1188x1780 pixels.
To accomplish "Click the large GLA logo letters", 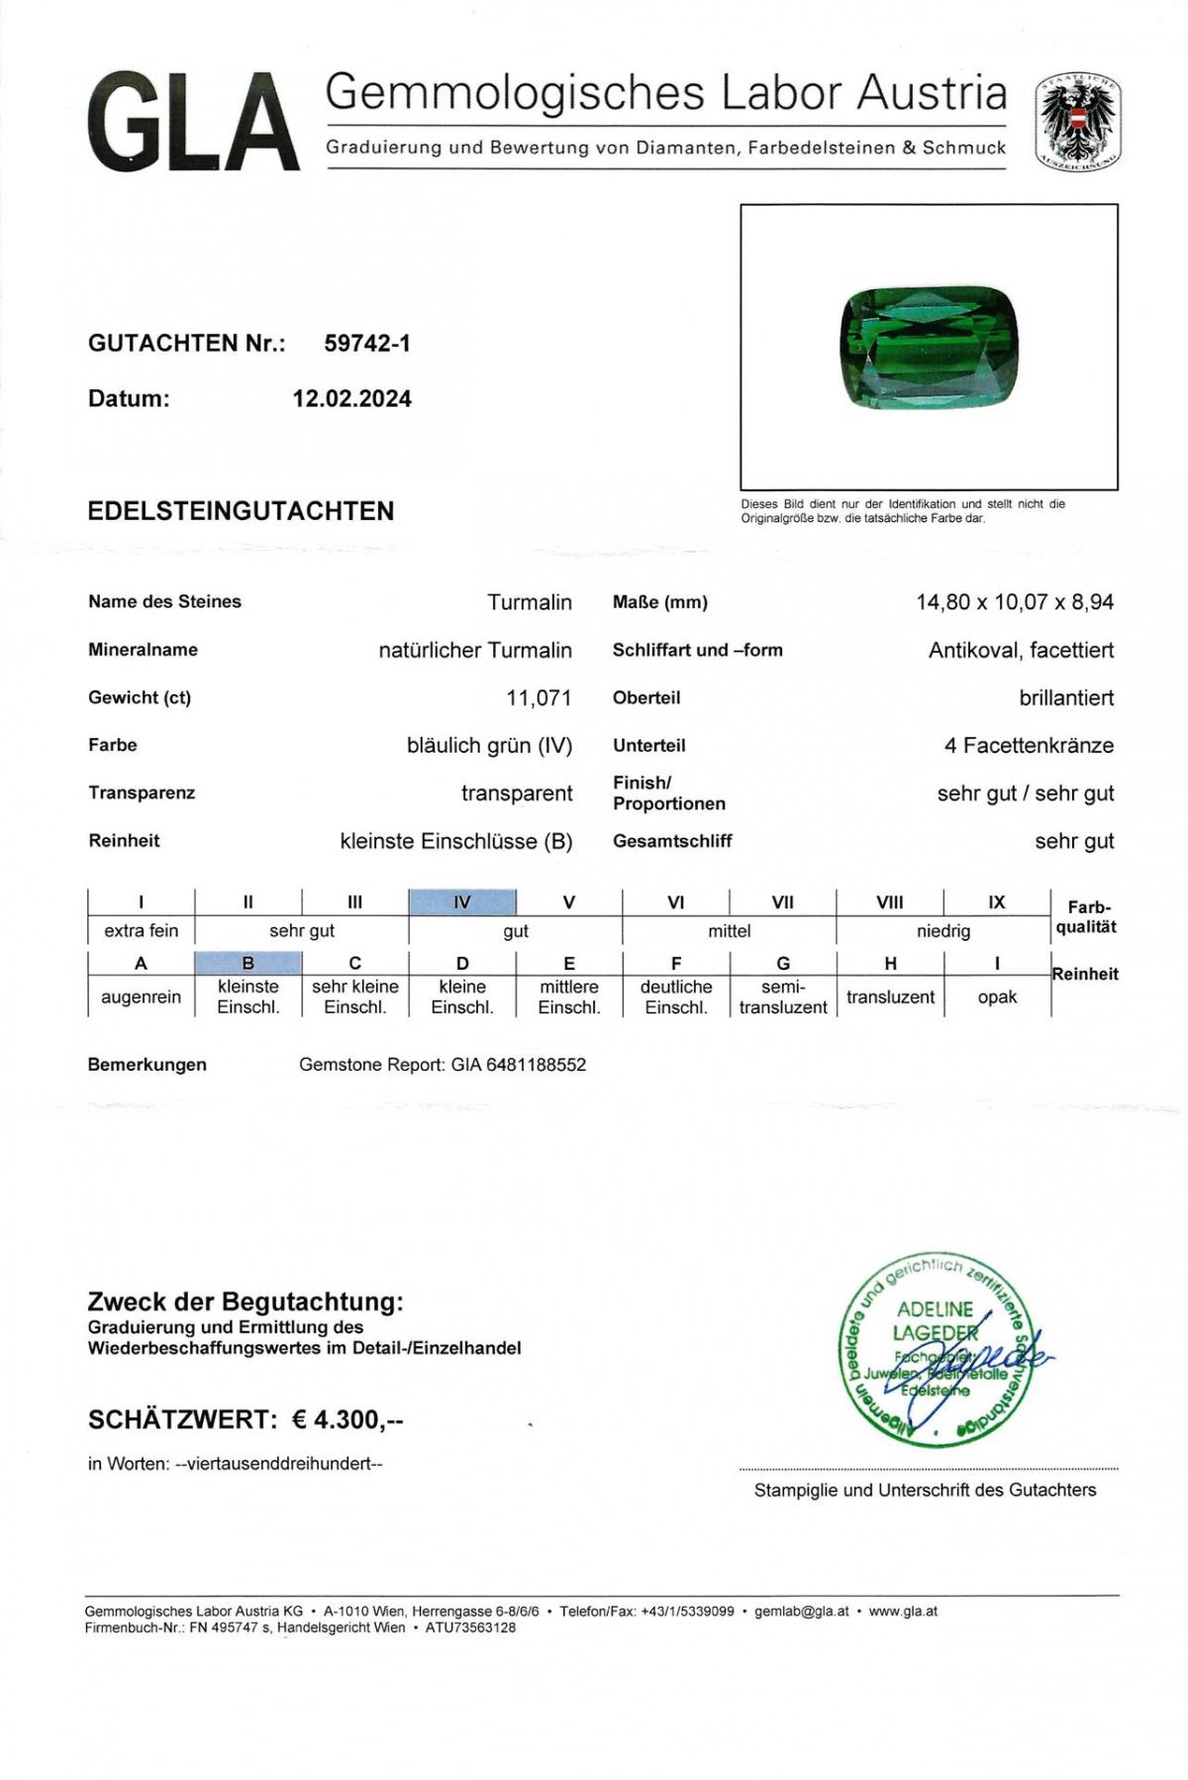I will [193, 123].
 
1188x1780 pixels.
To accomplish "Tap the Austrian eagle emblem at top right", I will [1078, 122].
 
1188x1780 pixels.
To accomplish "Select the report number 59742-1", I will [367, 344].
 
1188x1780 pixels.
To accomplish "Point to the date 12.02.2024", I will [351, 399].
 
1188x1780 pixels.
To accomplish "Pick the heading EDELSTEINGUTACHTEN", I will [241, 511].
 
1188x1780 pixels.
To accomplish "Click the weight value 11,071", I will [539, 698].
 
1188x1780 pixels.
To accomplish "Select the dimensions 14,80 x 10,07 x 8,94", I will [1014, 602].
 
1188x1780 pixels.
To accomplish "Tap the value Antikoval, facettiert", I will [1021, 651].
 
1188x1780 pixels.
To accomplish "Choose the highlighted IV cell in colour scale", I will [462, 902].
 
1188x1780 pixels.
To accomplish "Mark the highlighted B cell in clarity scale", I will [248, 963].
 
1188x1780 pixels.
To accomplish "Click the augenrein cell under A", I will [141, 997].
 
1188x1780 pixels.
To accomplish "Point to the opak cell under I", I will [997, 997].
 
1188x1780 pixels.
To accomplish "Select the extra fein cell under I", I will [141, 931].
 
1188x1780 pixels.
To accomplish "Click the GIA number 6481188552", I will [536, 1066].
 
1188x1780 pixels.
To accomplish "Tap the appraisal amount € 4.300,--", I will [347, 1419].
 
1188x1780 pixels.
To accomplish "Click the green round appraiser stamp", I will [935, 1347].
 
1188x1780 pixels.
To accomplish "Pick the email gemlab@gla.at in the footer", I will [801, 1612].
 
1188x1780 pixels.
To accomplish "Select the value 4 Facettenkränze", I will [1029, 746].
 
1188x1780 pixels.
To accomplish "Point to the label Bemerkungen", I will [148, 1066].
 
